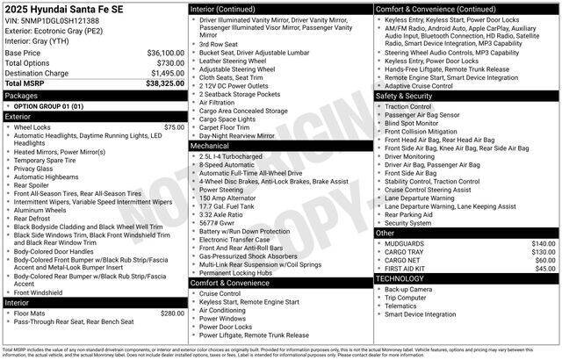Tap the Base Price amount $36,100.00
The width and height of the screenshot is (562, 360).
[159, 53]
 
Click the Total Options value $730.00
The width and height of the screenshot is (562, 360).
[165, 62]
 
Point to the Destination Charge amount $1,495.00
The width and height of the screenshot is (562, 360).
[161, 73]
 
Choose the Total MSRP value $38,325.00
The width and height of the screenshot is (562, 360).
[159, 83]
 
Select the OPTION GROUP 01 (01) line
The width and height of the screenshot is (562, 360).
[49, 105]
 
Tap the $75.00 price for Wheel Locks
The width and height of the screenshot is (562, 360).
[174, 127]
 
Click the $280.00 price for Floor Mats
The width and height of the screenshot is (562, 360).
[172, 313]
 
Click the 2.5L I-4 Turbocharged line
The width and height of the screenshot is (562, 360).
[236, 156]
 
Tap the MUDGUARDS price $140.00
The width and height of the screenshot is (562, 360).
[544, 243]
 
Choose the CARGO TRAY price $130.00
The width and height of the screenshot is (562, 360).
[544, 252]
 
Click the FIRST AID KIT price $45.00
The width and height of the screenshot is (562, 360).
[545, 269]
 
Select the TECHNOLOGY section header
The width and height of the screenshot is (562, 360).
[400, 278]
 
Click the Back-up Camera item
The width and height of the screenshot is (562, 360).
[408, 288]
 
